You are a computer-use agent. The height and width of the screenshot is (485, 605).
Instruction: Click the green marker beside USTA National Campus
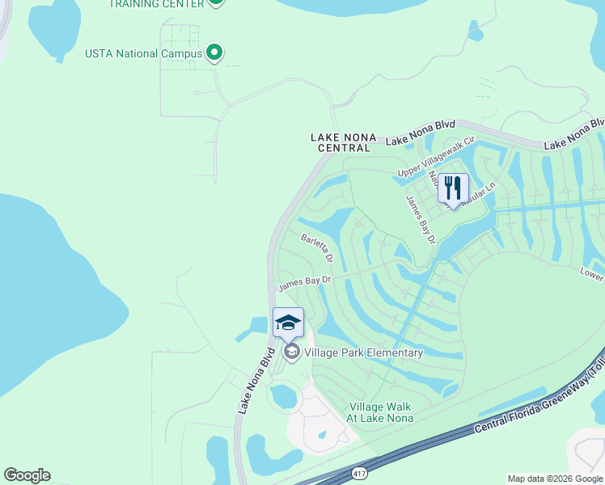pos(214,53)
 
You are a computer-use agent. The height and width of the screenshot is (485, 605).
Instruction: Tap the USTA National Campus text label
pos(143,54)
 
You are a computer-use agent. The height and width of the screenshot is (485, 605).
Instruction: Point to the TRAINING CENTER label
pos(156,3)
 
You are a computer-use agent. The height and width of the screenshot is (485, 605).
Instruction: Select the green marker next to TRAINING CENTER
pos(215,2)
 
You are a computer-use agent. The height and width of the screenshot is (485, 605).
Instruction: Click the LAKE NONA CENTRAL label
pos(341,143)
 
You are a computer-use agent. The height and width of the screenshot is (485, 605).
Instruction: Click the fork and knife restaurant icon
pos(453,188)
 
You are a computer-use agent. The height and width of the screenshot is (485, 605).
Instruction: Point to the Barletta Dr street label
pos(317,248)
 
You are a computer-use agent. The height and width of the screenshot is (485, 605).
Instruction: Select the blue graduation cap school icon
pos(288,323)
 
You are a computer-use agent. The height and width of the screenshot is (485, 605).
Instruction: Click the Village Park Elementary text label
pos(364,352)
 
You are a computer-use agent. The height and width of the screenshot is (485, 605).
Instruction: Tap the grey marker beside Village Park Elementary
pos(291,352)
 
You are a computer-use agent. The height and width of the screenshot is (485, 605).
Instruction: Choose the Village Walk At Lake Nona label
pos(380,412)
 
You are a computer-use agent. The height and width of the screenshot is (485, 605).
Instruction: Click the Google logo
pos(27,475)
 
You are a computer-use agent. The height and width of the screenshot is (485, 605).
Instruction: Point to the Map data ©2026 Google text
pos(554,479)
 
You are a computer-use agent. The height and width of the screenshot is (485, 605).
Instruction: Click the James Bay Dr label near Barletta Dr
pos(305,283)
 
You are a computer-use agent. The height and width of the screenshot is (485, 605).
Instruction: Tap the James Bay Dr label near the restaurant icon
pos(421,219)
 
